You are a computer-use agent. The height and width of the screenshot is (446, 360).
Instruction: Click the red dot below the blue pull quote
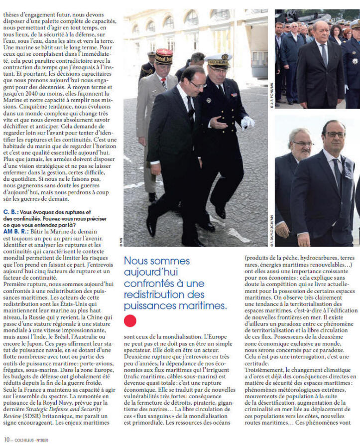130,320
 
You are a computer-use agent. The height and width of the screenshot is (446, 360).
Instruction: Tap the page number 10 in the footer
6,440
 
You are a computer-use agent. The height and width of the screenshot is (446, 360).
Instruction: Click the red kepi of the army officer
164,55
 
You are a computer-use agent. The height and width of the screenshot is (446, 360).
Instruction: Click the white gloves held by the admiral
247,122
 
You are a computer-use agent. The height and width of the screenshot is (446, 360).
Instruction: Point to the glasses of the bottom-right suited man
335,135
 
